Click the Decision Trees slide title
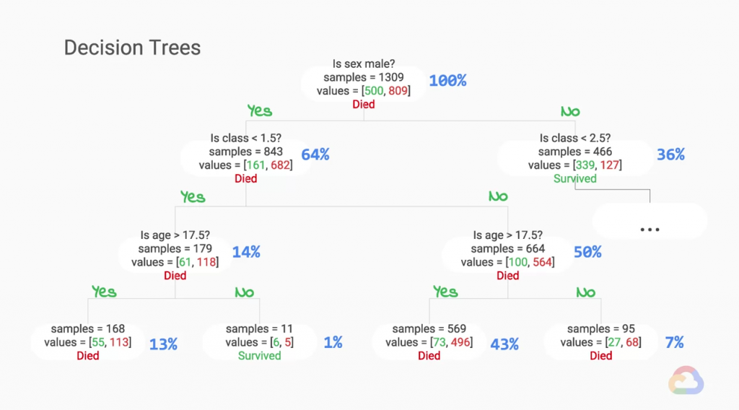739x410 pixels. click(x=132, y=48)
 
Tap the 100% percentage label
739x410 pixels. click(x=447, y=81)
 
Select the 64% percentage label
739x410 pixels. click(x=315, y=154)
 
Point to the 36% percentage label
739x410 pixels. click(x=670, y=154)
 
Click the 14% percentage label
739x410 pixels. click(x=246, y=252)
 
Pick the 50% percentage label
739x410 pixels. click(x=587, y=252)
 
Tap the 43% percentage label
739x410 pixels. click(x=504, y=344)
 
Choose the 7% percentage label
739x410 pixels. click(x=674, y=343)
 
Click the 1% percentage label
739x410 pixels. click(x=333, y=343)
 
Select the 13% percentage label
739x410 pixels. click(x=163, y=344)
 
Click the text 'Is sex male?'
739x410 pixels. click(x=364, y=64)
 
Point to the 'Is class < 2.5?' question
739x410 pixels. click(x=575, y=138)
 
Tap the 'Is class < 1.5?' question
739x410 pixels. click(x=245, y=138)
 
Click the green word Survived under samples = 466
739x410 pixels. click(x=575, y=178)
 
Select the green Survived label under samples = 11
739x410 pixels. click(x=259, y=356)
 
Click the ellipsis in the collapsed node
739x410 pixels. click(x=650, y=230)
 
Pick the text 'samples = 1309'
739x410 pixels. click(x=364, y=77)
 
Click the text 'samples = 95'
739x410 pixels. click(x=600, y=329)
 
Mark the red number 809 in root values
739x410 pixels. click(x=398, y=91)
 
